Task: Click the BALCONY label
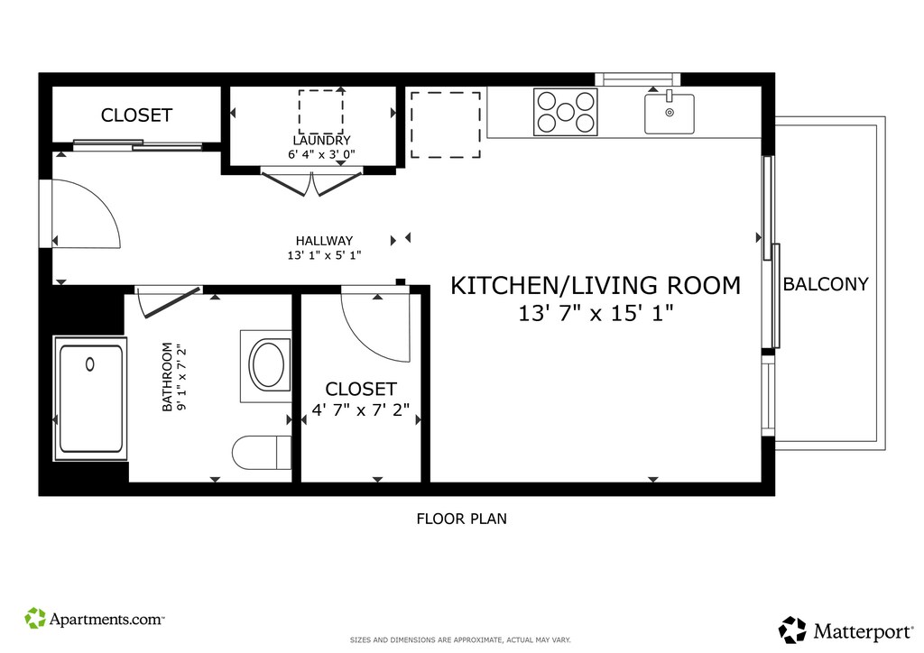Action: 825,284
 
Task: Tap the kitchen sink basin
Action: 669,114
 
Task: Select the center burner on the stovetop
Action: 565,112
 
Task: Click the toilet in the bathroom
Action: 262,453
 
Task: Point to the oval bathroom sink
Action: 267,364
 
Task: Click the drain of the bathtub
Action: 89,364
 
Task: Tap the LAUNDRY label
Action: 322,140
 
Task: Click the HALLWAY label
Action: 324,240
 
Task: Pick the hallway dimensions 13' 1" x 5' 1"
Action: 324,255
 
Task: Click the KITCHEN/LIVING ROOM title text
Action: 596,286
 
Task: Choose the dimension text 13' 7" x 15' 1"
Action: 596,313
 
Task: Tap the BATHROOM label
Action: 167,377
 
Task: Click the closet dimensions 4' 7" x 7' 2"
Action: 361,409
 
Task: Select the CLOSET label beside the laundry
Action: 137,115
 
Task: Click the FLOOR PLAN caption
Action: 461,519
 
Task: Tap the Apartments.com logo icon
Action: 35,618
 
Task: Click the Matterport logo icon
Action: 792,630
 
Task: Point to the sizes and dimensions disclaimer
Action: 460,640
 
